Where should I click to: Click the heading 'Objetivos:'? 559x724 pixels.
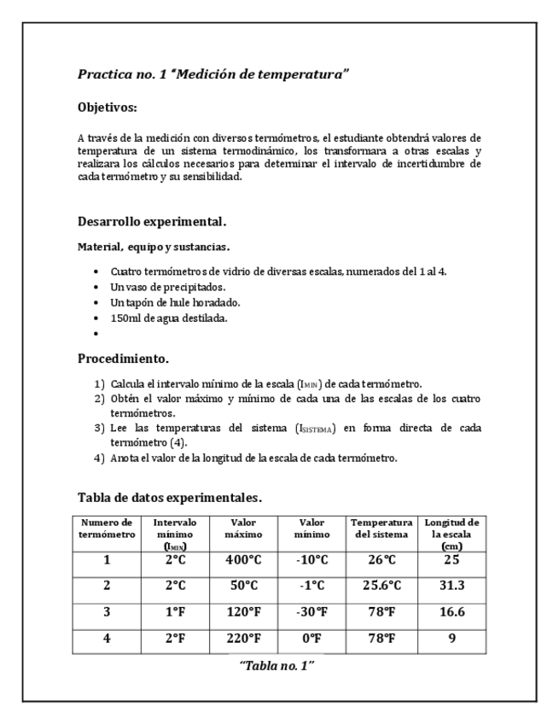[107, 108]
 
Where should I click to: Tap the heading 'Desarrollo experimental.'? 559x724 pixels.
[152, 222]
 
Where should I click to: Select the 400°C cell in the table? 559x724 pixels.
[243, 560]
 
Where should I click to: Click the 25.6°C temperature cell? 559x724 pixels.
[381, 586]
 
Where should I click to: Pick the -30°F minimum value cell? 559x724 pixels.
[312, 611]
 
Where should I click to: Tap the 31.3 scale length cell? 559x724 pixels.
[452, 586]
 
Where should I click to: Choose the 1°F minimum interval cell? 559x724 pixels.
[176, 611]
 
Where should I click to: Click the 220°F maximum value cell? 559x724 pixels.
[243, 637]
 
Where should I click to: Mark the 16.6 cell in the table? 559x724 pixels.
[452, 611]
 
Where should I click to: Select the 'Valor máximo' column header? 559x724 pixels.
[243, 528]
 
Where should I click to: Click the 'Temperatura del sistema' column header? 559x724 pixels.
[381, 528]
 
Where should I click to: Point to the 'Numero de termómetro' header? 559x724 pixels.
[108, 528]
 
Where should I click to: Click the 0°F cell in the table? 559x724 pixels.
[312, 637]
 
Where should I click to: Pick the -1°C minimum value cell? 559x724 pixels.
[312, 586]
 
